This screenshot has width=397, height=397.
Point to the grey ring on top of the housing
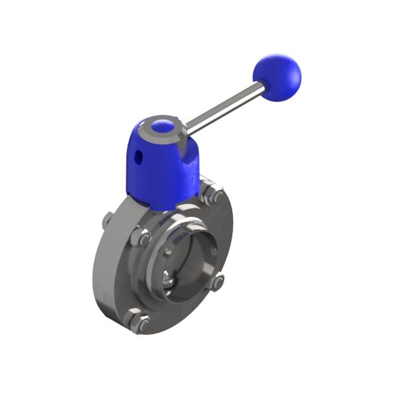pos(173,130)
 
